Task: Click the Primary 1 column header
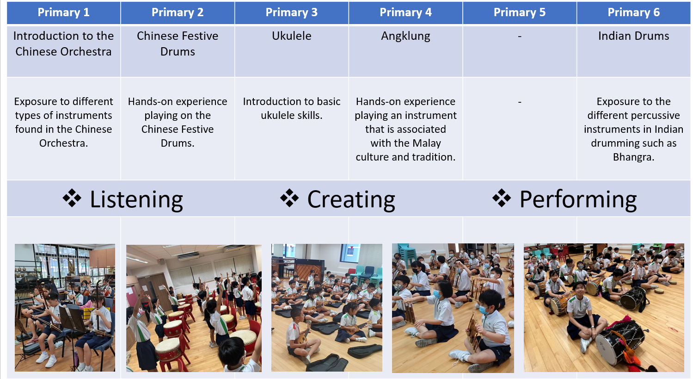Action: pyautogui.click(x=63, y=12)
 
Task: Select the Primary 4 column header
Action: pyautogui.click(x=405, y=12)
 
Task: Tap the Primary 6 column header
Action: pyautogui.click(x=634, y=12)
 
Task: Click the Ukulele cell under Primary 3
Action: pyautogui.click(x=291, y=51)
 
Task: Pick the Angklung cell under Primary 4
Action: pyautogui.click(x=405, y=51)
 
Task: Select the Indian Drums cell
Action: pyautogui.click(x=634, y=51)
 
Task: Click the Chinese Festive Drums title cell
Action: pyautogui.click(x=178, y=51)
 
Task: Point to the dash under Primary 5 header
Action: pyautogui.click(x=520, y=36)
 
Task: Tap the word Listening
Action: pyautogui.click(x=136, y=199)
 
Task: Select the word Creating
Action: pyautogui.click(x=351, y=199)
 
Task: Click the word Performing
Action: pyautogui.click(x=578, y=199)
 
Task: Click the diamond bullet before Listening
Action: pyautogui.click(x=72, y=198)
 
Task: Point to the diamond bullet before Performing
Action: pyautogui.click(x=502, y=198)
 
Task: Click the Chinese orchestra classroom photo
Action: pyautogui.click(x=65, y=307)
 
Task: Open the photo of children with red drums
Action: pyautogui.click(x=194, y=308)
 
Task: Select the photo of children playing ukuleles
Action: pyautogui.click(x=327, y=307)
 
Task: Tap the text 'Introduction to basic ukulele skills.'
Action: pyautogui.click(x=291, y=108)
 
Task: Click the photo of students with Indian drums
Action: pyautogui.click(x=604, y=307)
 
